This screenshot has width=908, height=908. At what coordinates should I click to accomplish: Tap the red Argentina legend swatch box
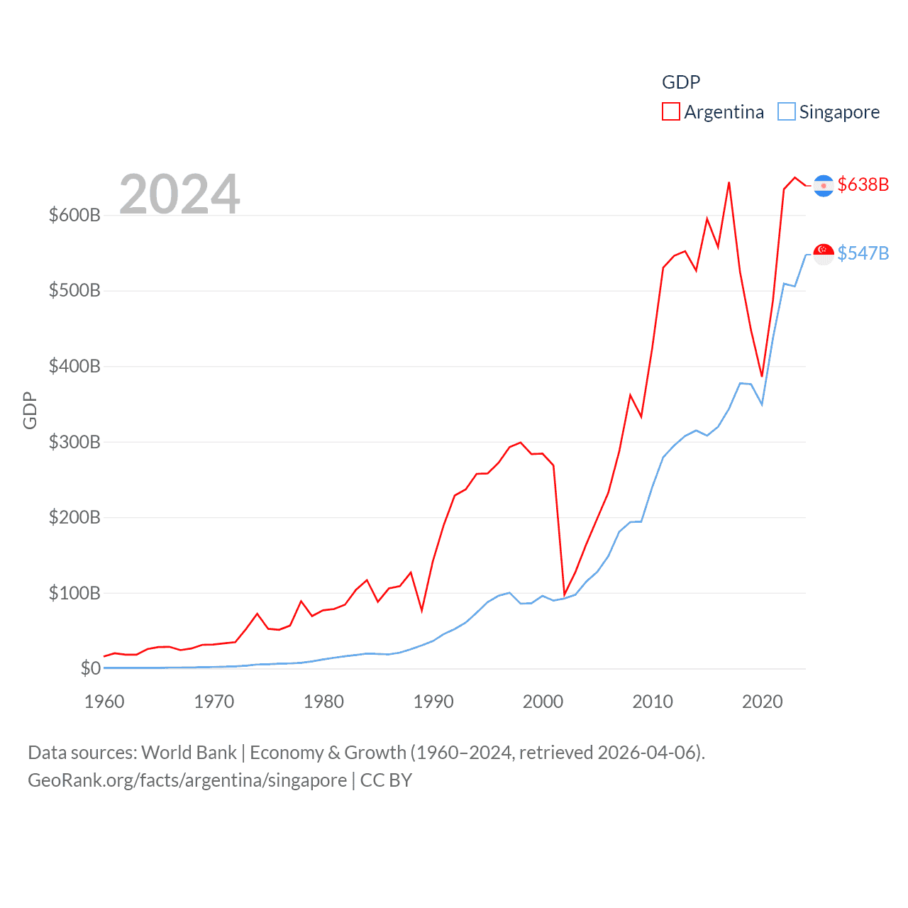pos(670,112)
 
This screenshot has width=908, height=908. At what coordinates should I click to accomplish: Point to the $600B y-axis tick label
pos(74,215)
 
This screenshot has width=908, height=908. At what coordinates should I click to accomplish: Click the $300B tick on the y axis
pos(74,442)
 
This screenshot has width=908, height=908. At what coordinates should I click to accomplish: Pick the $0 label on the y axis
pos(90,668)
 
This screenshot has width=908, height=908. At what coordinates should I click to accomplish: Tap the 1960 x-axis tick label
pos(104,702)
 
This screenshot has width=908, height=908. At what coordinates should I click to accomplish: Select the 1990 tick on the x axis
pos(433,702)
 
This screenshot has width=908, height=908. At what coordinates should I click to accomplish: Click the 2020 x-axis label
pos(762,702)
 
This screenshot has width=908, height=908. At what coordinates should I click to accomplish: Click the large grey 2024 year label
pos(179,194)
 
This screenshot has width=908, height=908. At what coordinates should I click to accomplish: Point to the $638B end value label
pos(863,184)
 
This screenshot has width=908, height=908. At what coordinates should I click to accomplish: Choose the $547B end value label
pos(863,253)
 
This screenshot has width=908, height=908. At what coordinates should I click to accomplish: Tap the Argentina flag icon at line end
pos(824,185)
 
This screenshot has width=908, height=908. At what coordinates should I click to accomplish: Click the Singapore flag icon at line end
pos(824,253)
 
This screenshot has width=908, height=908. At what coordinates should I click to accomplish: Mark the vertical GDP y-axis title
pos(30,410)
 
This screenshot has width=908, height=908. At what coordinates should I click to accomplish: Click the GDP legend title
pos(681,82)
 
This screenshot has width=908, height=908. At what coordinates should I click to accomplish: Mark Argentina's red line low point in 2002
pos(565,594)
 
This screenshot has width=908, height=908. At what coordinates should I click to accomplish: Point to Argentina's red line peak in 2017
pos(729,183)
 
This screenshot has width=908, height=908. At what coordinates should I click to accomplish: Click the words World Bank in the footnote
pos(189,752)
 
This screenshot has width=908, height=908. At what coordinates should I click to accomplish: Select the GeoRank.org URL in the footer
pos(187,780)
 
